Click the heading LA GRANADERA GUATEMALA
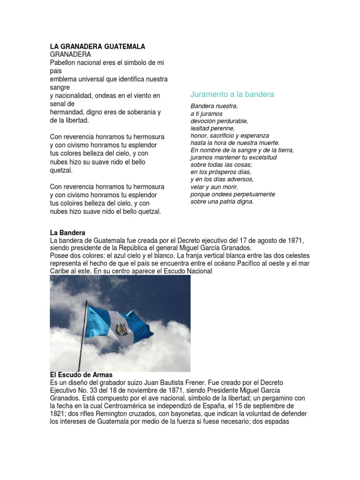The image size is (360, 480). [97, 46]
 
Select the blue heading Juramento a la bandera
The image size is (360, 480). [232, 94]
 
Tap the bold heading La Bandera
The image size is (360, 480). [67, 232]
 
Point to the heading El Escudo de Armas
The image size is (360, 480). [81, 375]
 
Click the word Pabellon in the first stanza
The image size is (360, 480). [63, 62]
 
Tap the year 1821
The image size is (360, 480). [58, 414]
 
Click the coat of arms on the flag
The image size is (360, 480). [122, 330]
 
